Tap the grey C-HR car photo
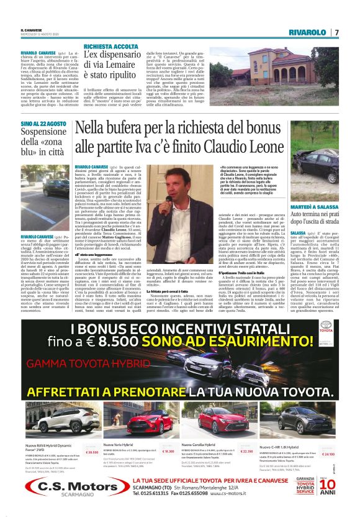click(298, 425)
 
